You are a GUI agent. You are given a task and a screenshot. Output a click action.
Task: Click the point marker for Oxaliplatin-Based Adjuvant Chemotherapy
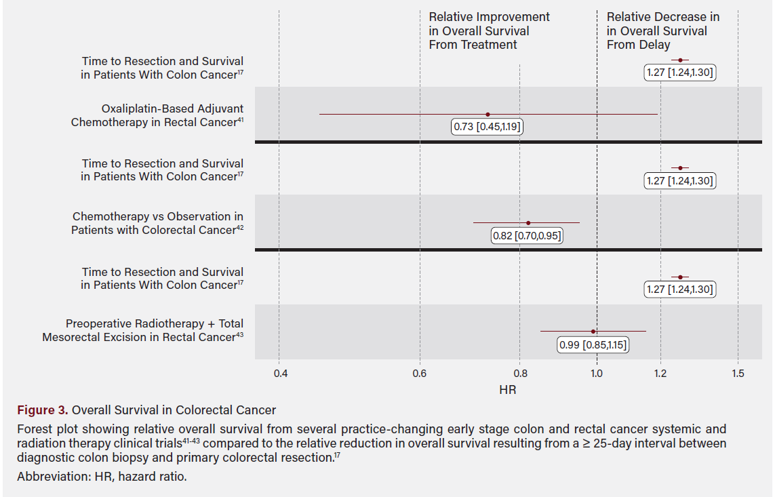coord(488,115)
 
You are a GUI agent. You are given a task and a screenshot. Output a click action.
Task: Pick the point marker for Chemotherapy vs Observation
coord(528,222)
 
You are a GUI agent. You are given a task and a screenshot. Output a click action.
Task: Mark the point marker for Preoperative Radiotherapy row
coord(593,332)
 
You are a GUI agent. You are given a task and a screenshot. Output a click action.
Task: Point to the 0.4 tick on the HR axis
coord(279,373)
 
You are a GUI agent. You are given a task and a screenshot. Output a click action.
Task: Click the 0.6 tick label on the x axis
coord(420,373)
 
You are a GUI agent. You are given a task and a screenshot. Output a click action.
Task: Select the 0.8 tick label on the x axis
coord(519,373)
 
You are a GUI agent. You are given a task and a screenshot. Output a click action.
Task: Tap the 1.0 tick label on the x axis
coord(597,373)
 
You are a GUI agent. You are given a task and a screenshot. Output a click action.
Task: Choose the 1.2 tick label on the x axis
coord(660,373)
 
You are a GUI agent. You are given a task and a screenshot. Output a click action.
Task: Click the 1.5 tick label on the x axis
coord(738,373)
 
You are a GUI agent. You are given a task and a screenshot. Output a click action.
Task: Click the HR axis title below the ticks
coord(508,390)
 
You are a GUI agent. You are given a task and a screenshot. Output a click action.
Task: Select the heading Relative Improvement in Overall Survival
coord(489,31)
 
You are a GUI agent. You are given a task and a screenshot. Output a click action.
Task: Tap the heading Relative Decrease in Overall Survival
coord(662,31)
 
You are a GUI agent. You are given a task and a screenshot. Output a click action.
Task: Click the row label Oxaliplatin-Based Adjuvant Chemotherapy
coord(157,115)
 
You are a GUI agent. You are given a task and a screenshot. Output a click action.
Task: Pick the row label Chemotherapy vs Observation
coord(157,223)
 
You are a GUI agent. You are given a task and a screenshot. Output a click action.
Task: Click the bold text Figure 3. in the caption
coord(43,410)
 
